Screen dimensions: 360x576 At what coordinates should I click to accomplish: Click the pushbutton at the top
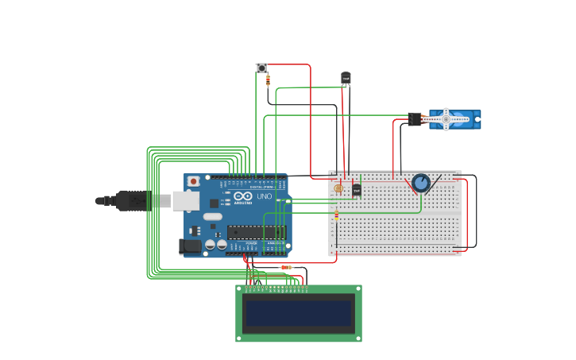click(261, 68)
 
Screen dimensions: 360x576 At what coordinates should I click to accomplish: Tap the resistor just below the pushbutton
click(268, 80)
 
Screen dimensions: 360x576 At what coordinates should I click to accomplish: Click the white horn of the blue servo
click(446, 119)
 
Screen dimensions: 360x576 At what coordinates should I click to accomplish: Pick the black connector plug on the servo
click(415, 119)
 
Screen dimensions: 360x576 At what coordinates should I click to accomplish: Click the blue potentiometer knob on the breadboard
click(421, 184)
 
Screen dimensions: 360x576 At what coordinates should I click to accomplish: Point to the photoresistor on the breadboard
click(338, 188)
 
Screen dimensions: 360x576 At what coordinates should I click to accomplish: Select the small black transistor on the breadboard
click(357, 189)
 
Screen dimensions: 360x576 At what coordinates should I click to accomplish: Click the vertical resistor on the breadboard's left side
click(336, 215)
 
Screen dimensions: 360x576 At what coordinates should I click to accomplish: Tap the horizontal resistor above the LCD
click(286, 267)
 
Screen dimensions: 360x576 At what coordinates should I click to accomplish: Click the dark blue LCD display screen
click(299, 313)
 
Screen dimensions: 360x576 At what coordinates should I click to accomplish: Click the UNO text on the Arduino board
click(264, 195)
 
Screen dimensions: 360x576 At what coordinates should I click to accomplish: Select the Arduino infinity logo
click(242, 195)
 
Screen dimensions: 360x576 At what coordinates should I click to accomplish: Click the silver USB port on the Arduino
click(185, 200)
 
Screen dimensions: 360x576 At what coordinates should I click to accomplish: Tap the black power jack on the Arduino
click(191, 246)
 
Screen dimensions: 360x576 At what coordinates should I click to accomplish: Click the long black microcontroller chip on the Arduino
click(256, 232)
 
